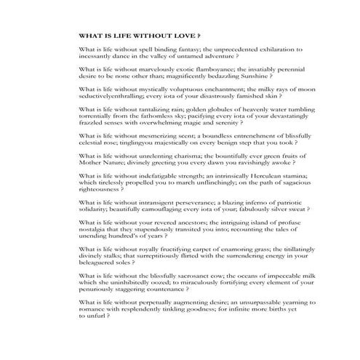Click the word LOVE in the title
pyautogui.click(x=187, y=35)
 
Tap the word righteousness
pyautogui.click(x=99, y=190)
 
